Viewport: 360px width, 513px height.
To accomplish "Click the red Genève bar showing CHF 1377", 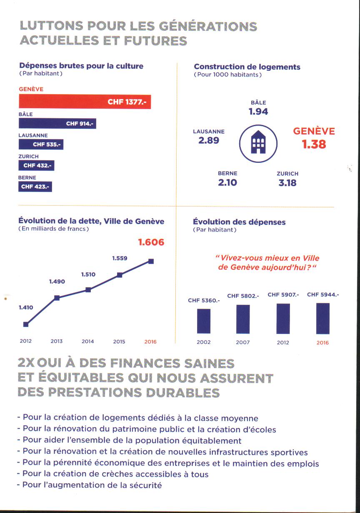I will (x=85, y=102).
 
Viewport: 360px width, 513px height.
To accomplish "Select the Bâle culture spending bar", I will (x=57, y=123).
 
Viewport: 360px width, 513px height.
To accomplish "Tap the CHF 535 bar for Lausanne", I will (x=41, y=144).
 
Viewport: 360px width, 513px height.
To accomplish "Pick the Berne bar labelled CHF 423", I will (x=35, y=187).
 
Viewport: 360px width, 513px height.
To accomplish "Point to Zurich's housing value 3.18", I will (x=287, y=182).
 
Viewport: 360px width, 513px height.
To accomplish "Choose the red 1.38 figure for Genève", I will (x=314, y=144).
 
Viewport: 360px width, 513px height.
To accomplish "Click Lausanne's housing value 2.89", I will (x=209, y=140).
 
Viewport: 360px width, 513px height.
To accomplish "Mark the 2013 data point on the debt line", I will (x=57, y=298).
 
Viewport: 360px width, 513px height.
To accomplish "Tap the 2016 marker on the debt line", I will (x=151, y=261).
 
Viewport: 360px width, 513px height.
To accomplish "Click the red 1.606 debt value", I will (x=151, y=242).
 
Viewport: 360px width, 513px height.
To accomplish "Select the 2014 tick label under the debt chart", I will (x=87, y=341).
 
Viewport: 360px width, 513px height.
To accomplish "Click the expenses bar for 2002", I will (x=203, y=321).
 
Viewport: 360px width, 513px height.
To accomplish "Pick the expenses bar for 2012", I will (x=283, y=319).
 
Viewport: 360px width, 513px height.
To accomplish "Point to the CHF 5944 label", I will (x=323, y=295).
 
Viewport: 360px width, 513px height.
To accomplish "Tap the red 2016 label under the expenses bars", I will (x=322, y=343).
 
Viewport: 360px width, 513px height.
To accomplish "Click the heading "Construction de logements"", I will (x=247, y=67).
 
